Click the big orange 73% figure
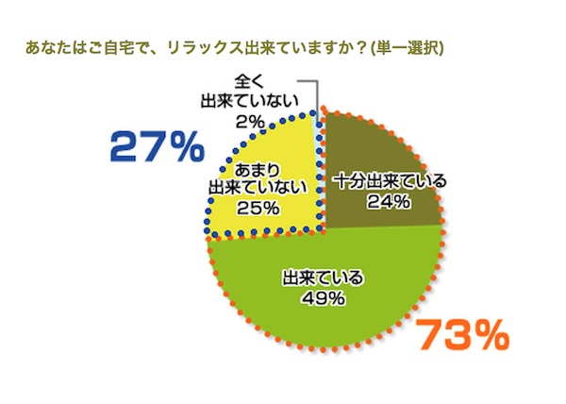(462, 334)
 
